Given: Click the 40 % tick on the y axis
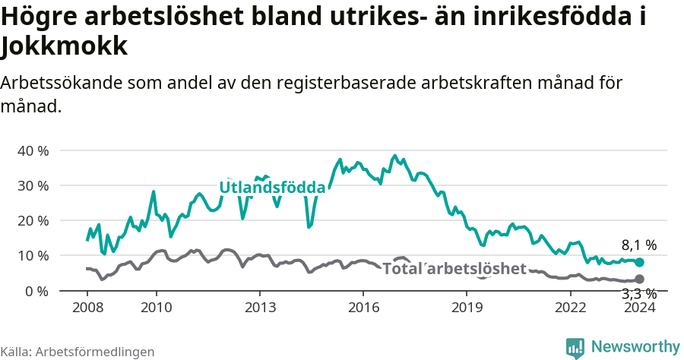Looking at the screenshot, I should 33,150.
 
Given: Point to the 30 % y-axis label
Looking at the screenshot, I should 33,185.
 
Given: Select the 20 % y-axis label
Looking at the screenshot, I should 33,220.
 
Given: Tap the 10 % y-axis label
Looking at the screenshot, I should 33,255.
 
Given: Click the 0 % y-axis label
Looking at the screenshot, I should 36,291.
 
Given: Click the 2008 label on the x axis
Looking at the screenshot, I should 87,307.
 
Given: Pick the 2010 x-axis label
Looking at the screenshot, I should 156,307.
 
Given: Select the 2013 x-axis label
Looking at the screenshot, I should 259,307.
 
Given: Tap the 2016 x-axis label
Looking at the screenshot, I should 363,307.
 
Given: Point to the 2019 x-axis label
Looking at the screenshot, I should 467,307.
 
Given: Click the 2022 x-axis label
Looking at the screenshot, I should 570,307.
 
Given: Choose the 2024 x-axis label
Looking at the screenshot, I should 639,307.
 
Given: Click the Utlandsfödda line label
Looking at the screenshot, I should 272,188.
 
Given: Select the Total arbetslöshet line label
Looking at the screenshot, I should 454,268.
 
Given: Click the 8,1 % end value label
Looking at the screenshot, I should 638,245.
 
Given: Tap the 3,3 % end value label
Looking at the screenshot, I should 638,294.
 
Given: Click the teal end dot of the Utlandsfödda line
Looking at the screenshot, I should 639,262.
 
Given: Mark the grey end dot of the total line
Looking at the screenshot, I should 639,279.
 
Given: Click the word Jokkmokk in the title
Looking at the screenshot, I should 64,47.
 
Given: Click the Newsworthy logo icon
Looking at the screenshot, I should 575,348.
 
